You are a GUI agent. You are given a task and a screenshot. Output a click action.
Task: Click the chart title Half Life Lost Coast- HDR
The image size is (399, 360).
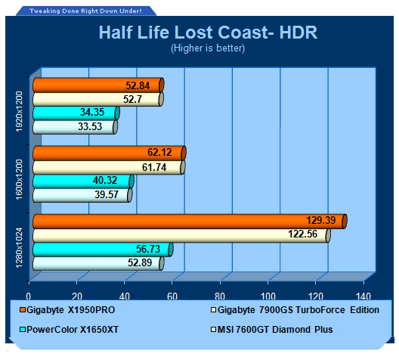tap(208, 33)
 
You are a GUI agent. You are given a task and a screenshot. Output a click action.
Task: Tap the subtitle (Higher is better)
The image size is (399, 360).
tap(208, 48)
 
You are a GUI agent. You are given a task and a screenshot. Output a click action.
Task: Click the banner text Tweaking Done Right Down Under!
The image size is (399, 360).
tap(85, 11)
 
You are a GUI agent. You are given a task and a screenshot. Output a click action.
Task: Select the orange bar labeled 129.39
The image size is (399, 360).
tap(190, 222)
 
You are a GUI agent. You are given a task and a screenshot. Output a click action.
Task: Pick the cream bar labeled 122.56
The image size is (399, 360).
tap(181, 235)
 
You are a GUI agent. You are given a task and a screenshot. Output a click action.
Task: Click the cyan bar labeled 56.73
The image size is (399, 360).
tap(103, 250)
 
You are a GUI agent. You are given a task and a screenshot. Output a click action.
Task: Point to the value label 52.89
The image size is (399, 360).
tap(140, 262)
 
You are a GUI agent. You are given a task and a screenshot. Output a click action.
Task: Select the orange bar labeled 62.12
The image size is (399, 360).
tap(110, 153)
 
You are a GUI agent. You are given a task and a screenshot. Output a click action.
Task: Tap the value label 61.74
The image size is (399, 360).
tap(154, 168)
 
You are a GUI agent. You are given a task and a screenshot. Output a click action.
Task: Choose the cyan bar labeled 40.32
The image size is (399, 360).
tap(83, 182)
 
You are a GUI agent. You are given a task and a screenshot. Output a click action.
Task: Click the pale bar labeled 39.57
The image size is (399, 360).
tap(82, 195)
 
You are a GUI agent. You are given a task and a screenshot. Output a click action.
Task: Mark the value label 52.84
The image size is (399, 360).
tap(138, 85)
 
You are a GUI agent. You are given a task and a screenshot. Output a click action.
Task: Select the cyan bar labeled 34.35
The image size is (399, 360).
tap(76, 113)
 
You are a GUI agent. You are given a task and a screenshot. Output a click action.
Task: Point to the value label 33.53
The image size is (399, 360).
tap(90, 126)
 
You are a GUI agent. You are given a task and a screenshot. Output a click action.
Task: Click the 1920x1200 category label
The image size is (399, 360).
tap(20, 111)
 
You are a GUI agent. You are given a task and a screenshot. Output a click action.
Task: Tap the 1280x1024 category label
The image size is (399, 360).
tap(20, 248)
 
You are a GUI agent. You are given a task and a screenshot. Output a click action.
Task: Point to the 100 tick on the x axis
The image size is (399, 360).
tap(268, 296)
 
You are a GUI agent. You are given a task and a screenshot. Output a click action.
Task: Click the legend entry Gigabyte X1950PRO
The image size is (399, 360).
tap(67, 310)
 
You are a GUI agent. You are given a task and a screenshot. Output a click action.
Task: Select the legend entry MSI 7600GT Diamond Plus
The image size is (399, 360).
tap(272, 330)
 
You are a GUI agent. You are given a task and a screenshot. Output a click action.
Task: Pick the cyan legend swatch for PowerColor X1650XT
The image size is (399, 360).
tap(23, 330)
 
